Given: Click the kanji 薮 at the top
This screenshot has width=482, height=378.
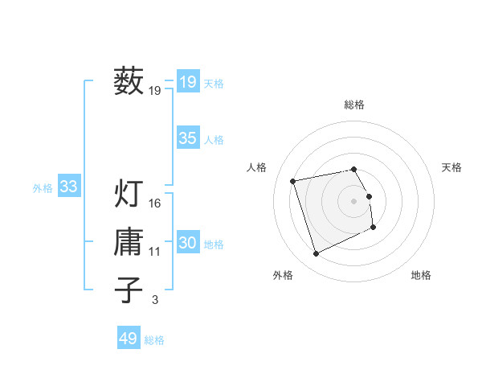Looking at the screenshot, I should pos(129,81).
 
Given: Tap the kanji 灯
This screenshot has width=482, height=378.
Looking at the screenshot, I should pos(129,194).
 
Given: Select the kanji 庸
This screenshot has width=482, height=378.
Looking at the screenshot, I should pos(129,241).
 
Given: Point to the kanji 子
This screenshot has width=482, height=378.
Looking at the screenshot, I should pos(129,290).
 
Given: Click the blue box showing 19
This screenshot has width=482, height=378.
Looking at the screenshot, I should pos(187,81).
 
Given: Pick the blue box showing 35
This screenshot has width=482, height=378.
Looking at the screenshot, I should pos(187,138).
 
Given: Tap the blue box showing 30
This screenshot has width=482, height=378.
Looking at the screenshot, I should pos(187,243).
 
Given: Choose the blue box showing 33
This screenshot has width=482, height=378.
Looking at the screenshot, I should pos(68,187).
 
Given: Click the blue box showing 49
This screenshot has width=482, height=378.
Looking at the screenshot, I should pos(128,339).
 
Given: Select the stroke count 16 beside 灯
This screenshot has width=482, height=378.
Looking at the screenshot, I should pos(155,203).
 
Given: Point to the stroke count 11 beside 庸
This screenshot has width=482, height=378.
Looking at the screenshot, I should pos(155,252).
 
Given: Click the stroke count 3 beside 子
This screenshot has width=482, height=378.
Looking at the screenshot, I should pos(155,300).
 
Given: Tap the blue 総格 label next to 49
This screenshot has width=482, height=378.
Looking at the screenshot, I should pos(154,340).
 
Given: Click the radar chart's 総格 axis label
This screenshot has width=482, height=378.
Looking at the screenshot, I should pos(354,105).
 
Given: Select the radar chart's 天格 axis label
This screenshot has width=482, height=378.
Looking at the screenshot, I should pos(452,167).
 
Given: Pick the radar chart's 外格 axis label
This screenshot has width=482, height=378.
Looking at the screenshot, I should pos(283,275).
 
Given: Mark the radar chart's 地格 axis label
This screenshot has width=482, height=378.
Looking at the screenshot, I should pos(421,275).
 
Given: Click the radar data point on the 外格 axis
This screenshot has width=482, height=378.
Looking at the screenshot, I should pos(316,254).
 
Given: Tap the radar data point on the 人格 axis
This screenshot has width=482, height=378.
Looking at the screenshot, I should pos(293,180).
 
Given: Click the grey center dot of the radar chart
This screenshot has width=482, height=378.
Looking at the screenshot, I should pos(354,200).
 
